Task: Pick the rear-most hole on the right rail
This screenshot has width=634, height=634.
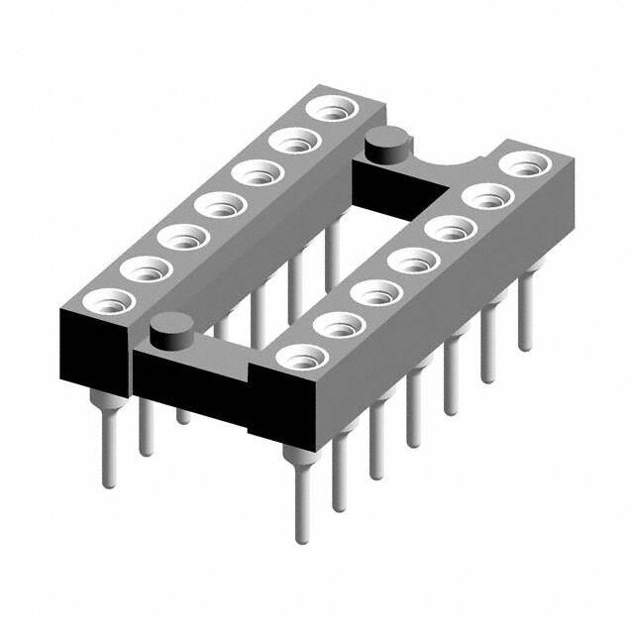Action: click(x=519, y=163)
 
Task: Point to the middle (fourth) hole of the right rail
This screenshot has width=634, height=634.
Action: click(x=406, y=262)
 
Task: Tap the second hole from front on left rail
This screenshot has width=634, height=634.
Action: click(x=138, y=266)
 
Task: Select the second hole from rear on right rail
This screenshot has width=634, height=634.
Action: click(x=483, y=195)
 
